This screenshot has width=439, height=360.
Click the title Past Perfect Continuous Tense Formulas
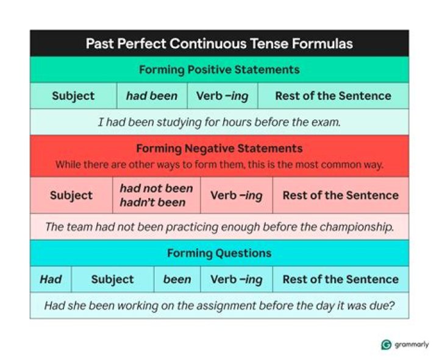click(x=219, y=44)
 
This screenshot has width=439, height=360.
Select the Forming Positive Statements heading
click(x=219, y=69)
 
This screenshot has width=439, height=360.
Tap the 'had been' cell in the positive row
click(x=152, y=96)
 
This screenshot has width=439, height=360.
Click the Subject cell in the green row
click(x=73, y=96)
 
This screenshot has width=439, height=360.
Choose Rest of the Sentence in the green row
click(x=333, y=96)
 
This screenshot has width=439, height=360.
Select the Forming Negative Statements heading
click(x=219, y=149)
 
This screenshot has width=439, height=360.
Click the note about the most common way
click(x=219, y=164)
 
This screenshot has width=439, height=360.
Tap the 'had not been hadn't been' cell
click(x=156, y=196)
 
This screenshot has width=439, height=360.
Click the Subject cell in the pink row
click(x=71, y=196)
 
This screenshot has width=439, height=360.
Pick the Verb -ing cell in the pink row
click(x=236, y=196)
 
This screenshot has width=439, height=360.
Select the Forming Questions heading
click(x=219, y=253)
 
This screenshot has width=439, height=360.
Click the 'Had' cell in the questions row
click(x=51, y=280)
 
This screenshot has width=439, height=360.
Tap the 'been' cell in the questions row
click(x=177, y=280)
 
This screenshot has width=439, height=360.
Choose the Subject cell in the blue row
click(x=112, y=280)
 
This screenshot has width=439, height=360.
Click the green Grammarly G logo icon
click(x=386, y=345)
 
